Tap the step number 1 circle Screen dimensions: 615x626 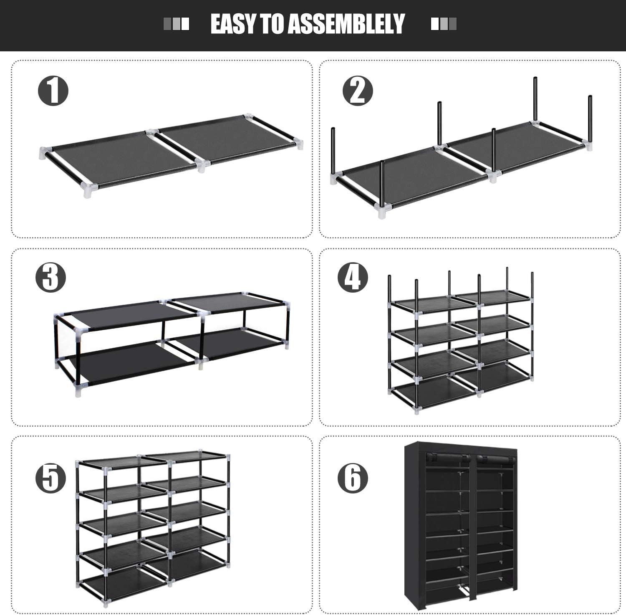coord(53,91)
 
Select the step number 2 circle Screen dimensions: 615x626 coord(358,91)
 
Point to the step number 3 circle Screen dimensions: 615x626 coord(50,277)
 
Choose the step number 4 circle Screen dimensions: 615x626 coord(353,277)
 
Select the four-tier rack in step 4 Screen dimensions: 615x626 coord(461,342)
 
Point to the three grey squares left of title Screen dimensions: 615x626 coord(176,24)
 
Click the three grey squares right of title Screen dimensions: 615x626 coord(444,24)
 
